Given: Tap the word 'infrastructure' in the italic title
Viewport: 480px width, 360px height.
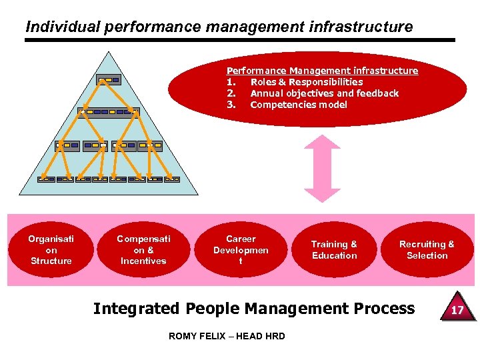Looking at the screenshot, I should (x=369, y=27).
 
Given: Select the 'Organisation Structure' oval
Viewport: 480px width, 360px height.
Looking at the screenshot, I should (x=51, y=250).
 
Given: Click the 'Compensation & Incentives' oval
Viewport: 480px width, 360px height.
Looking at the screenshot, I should (x=143, y=250).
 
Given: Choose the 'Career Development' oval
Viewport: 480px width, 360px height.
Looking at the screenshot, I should (x=241, y=250).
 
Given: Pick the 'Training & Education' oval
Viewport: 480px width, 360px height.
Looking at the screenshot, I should (x=335, y=250).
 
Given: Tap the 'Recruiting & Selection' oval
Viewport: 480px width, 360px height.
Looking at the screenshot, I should (x=427, y=250).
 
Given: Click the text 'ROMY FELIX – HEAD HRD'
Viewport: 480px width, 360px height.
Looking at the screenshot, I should (x=227, y=336).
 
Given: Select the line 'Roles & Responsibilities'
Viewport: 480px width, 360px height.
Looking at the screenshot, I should (x=307, y=82).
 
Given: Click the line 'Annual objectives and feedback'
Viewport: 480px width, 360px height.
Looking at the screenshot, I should (x=324, y=93).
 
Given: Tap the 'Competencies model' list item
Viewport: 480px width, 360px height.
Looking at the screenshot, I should (x=299, y=105).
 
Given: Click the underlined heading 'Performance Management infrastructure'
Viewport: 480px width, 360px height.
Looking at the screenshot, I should (x=322, y=71).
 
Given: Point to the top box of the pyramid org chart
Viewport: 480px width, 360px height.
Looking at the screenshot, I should (x=108, y=80).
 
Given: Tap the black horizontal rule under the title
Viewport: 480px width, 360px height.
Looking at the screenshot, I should (x=240, y=40).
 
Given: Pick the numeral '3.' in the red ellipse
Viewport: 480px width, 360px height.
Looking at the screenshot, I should (x=231, y=105).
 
